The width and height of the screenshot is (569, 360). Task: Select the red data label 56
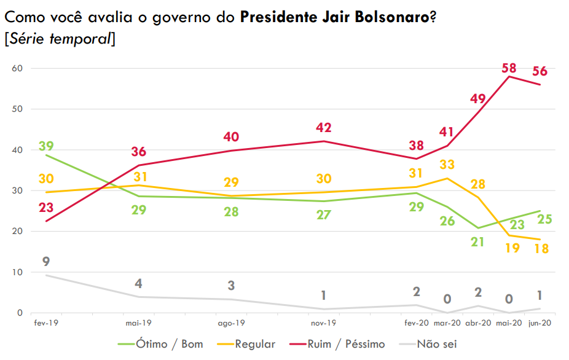[540, 71]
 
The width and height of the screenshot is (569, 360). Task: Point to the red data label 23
[46, 208]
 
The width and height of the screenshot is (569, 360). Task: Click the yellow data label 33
[447, 165]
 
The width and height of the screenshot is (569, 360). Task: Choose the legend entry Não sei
[437, 344]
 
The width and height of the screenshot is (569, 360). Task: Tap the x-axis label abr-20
[478, 323]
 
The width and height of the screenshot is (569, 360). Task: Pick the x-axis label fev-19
[46, 323]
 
